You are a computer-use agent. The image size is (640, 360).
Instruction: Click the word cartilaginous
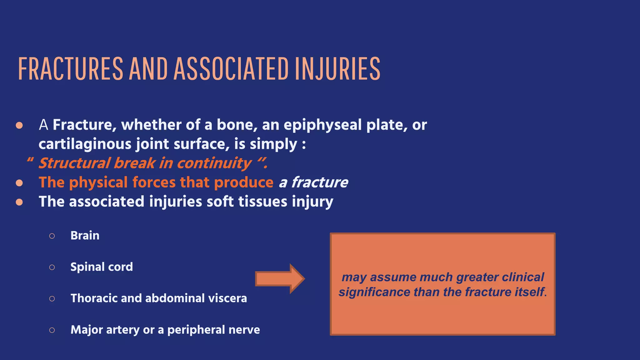[x=85, y=144]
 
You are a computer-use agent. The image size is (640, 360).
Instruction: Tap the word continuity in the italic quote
[x=214, y=163]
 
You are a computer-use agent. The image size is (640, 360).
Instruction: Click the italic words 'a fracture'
[x=313, y=182]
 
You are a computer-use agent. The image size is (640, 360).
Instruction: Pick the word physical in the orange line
[x=98, y=182]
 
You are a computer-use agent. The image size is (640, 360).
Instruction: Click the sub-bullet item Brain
[x=85, y=235]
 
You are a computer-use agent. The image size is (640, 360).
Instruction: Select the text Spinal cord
[x=102, y=267]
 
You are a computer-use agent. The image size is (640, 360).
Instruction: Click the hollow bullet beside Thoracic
[x=52, y=298]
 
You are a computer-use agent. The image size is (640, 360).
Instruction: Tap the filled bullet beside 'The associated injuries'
[x=19, y=202]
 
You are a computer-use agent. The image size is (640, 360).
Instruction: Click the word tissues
[x=262, y=202]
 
